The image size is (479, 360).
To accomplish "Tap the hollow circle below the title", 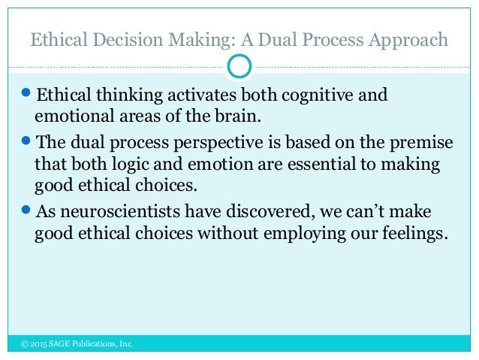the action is (239, 66).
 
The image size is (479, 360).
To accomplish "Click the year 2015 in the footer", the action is (40, 344).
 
